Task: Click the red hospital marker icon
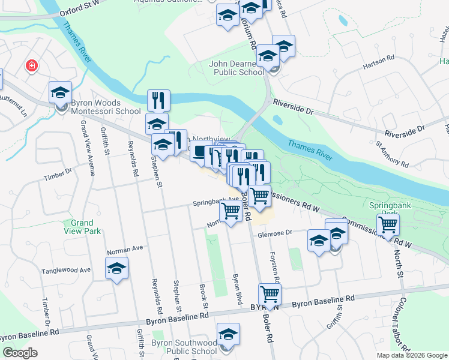pyautogui.click(x=31, y=65)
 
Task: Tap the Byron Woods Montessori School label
pyautogui.click(x=106, y=110)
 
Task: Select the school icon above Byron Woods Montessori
pyautogui.click(x=60, y=93)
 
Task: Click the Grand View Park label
pyautogui.click(x=82, y=227)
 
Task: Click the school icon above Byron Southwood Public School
pyautogui.click(x=228, y=334)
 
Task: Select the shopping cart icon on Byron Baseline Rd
pyautogui.click(x=270, y=295)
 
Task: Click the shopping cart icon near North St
pyautogui.click(x=389, y=225)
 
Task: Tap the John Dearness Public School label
pyautogui.click(x=237, y=68)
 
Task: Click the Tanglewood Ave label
pyautogui.click(x=66, y=269)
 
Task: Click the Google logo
pyautogui.click(x=20, y=353)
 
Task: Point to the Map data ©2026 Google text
pyautogui.click(x=412, y=355)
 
